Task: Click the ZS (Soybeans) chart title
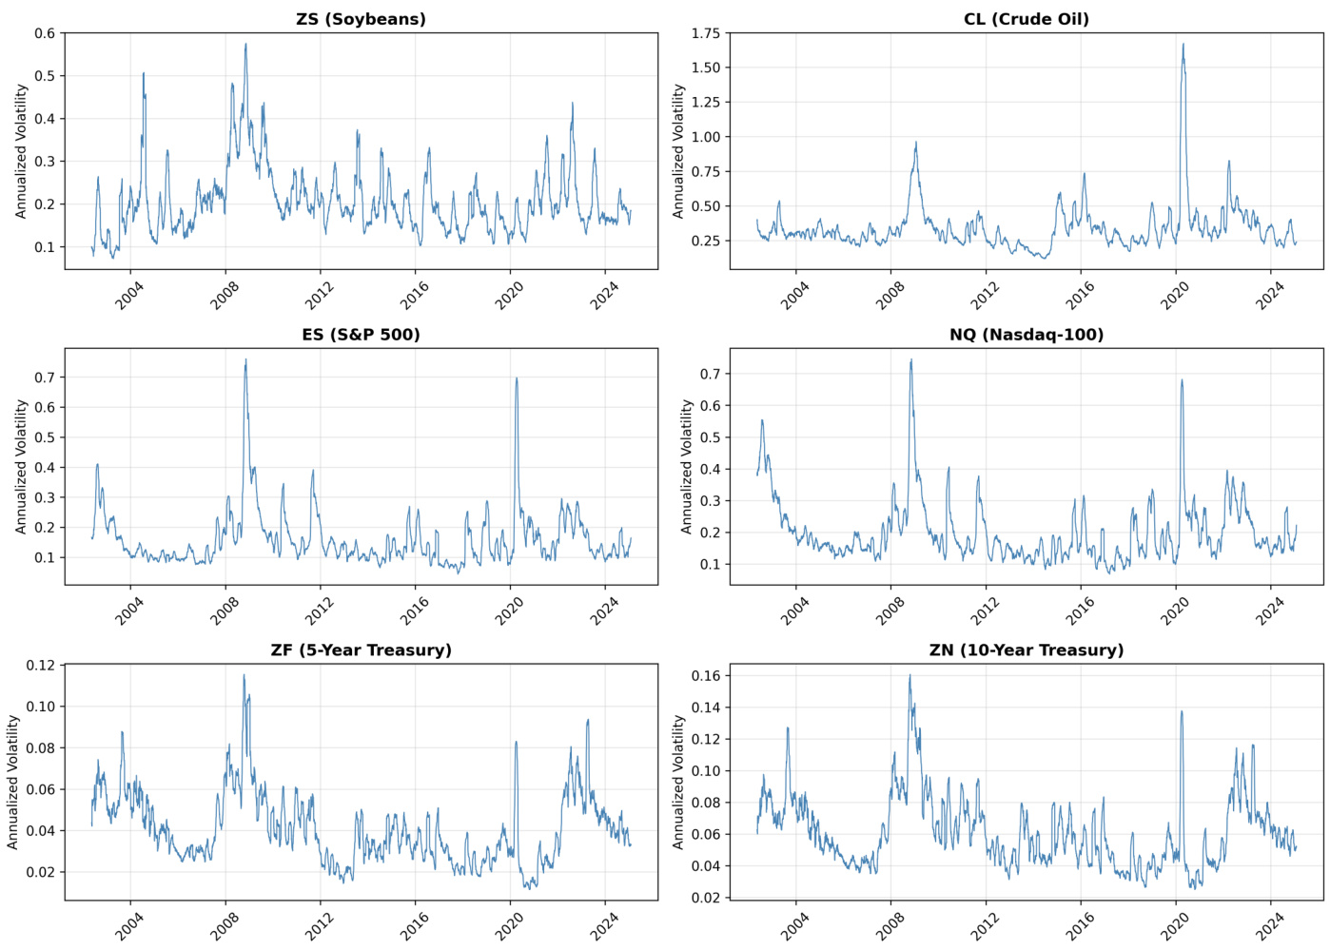click(361, 19)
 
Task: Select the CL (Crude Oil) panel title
click(1026, 19)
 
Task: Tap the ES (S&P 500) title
click(361, 335)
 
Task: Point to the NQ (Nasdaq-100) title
click(1026, 335)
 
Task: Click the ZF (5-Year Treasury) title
click(361, 650)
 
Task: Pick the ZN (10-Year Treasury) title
click(1026, 650)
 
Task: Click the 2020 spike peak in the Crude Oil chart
click(1183, 44)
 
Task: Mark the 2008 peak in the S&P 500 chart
click(245, 359)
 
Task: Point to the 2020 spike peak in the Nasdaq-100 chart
click(1182, 380)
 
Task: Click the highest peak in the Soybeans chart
click(245, 44)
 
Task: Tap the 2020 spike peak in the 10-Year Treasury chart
click(1182, 711)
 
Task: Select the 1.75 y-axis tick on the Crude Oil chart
click(706, 33)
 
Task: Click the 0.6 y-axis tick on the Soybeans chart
click(45, 33)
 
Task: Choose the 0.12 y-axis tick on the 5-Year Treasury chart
click(41, 666)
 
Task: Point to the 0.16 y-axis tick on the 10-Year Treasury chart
click(706, 676)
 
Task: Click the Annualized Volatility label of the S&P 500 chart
click(21, 466)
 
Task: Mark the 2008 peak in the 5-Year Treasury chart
click(244, 675)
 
